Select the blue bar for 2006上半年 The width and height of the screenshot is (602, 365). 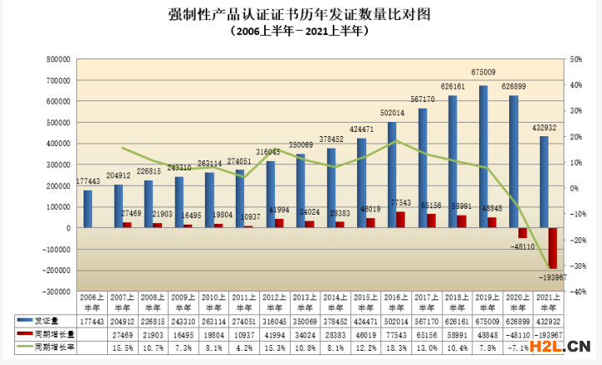(x=88, y=209)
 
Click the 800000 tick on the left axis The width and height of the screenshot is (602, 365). (x=57, y=59)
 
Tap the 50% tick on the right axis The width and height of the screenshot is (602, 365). (x=575, y=59)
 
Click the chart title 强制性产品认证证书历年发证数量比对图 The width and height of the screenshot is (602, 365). (x=300, y=14)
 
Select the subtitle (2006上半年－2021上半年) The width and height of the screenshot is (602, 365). (x=300, y=31)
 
